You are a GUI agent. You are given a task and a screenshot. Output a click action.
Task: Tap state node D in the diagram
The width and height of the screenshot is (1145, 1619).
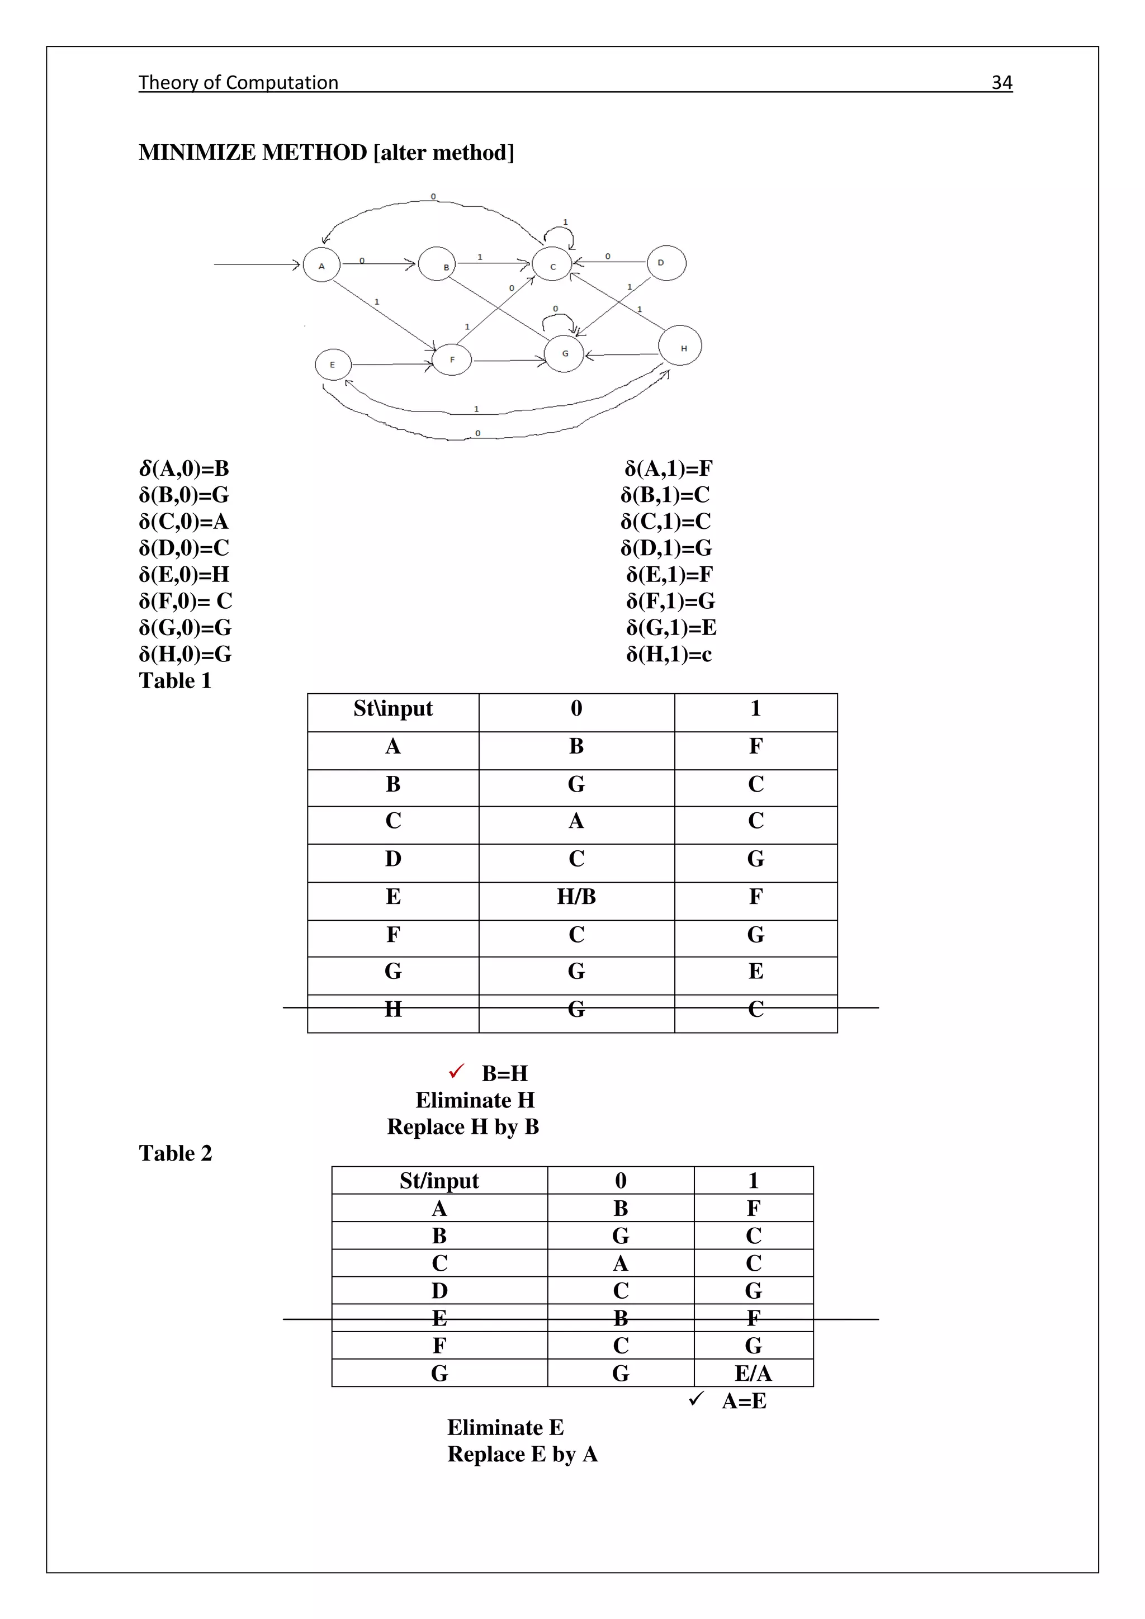pos(666,263)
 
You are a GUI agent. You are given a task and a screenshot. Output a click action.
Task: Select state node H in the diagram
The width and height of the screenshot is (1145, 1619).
pos(680,345)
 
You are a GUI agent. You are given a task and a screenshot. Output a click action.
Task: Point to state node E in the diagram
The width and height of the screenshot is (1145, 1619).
pos(333,364)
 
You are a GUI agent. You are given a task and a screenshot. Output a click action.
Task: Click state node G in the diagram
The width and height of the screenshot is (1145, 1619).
pos(565,353)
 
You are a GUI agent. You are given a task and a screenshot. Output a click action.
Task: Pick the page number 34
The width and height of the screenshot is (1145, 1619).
pos(1001,83)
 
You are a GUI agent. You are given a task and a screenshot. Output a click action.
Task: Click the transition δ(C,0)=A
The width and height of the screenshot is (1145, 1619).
pos(184,522)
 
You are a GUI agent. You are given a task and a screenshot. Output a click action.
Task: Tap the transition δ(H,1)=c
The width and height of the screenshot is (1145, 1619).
pos(669,655)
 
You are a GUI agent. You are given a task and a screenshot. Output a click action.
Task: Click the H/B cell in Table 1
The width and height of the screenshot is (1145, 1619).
pos(576,897)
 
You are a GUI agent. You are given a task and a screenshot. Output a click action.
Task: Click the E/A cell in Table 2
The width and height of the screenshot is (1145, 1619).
pos(753,1374)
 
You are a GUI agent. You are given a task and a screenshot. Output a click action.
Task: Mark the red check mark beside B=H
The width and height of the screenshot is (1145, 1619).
pos(457,1072)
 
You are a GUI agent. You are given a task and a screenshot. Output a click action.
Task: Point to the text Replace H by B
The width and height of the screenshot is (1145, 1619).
pos(463,1127)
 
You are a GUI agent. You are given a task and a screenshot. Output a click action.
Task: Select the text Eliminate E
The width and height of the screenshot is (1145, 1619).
pos(505,1428)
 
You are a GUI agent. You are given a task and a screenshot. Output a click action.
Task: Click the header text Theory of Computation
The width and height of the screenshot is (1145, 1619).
pos(238,83)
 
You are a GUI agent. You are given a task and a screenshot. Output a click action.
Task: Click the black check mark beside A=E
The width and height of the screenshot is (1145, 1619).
pos(696,1398)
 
